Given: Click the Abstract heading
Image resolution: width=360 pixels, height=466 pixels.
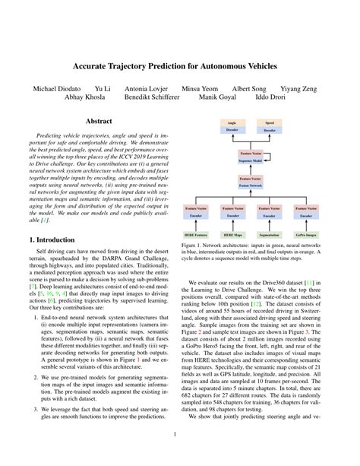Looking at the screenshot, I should [x=101, y=121].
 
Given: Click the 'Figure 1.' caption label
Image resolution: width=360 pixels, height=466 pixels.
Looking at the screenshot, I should [x=201, y=246].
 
